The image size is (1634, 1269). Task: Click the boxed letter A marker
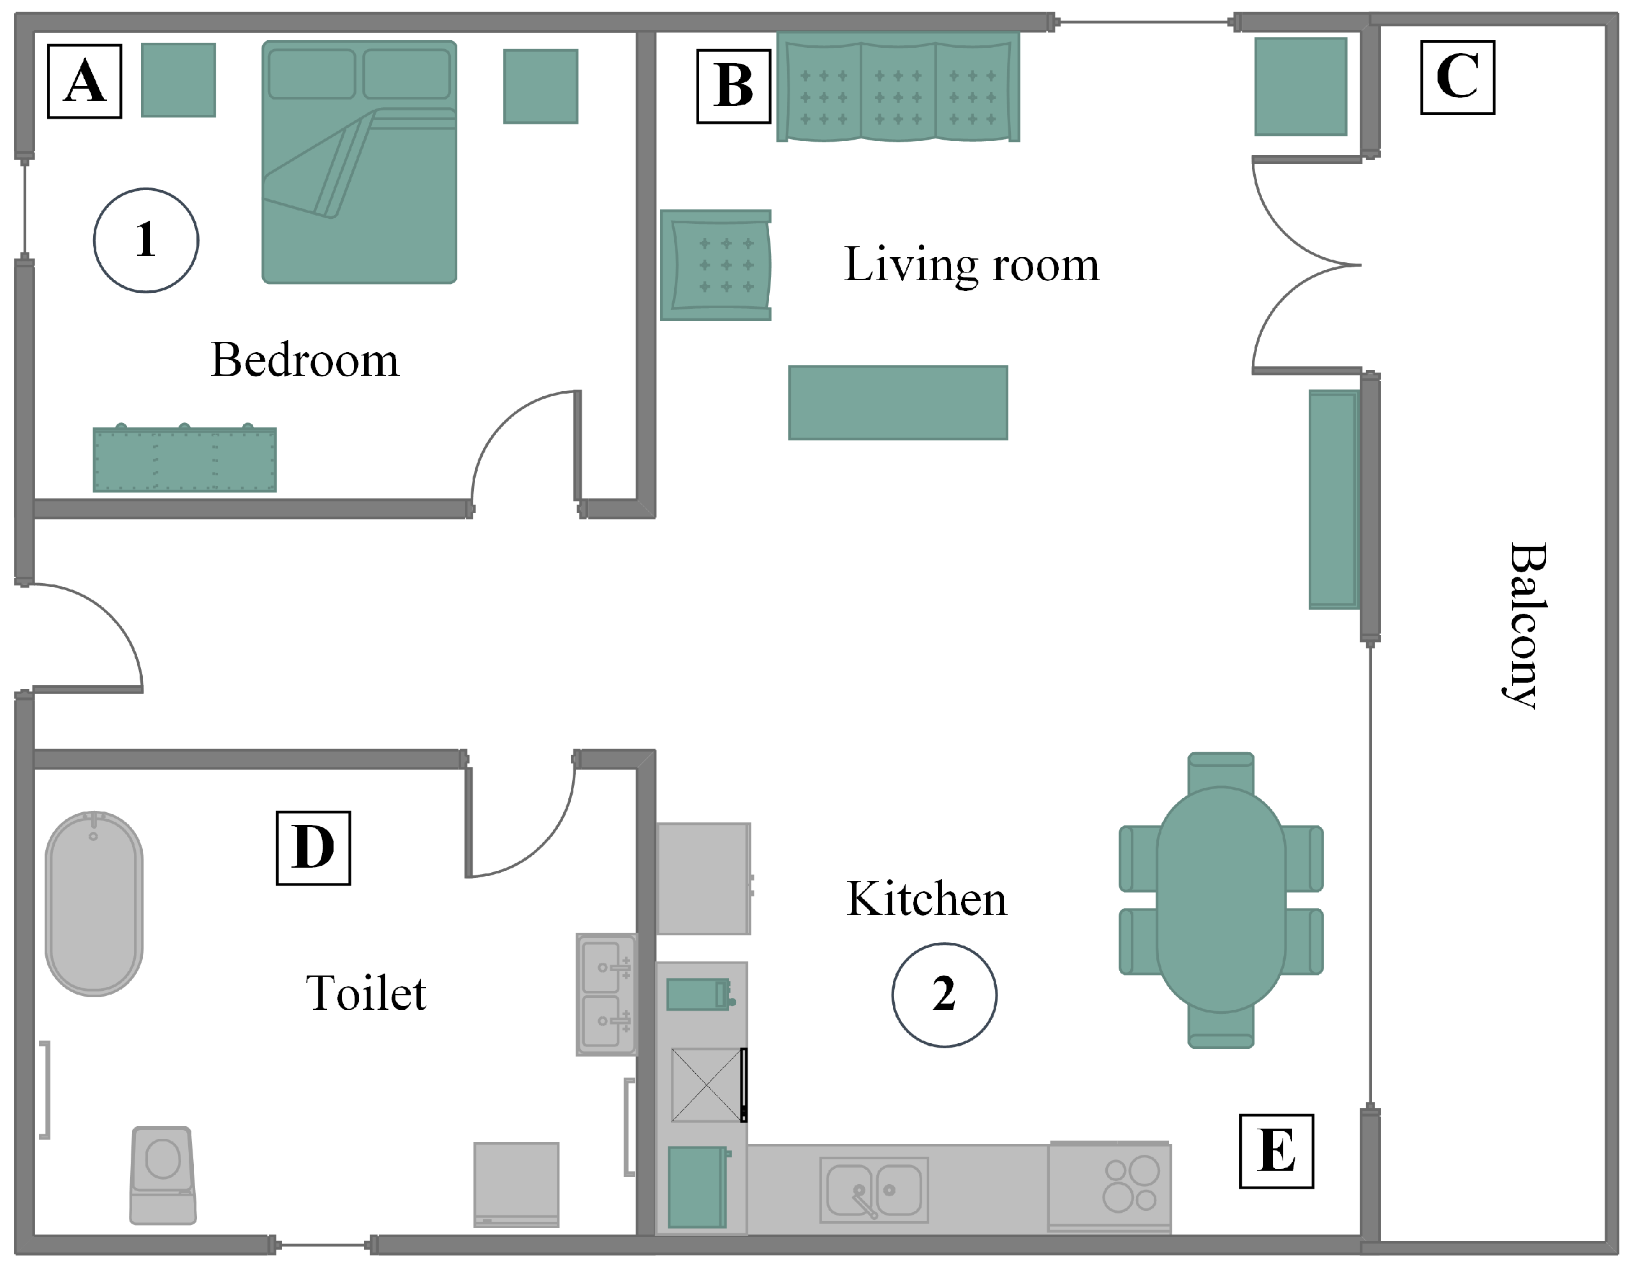point(85,81)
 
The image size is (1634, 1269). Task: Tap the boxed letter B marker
point(733,86)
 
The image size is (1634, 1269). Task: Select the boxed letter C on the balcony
point(1457,77)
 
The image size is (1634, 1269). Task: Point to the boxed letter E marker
point(1276,1151)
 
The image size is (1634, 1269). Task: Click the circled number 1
point(146,240)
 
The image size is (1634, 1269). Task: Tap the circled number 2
point(944,995)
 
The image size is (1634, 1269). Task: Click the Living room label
point(972,265)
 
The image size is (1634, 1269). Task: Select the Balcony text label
point(1526,625)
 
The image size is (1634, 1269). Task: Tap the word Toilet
point(366,993)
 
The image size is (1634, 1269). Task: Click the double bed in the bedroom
point(359,161)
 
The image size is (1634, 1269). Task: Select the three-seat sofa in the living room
point(898,87)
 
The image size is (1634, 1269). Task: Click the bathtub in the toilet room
point(94,903)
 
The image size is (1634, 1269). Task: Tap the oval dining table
point(1221,900)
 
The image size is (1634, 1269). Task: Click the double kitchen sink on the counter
point(874,1190)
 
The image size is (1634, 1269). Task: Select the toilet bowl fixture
point(163,1175)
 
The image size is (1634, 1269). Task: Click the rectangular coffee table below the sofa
point(898,403)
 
